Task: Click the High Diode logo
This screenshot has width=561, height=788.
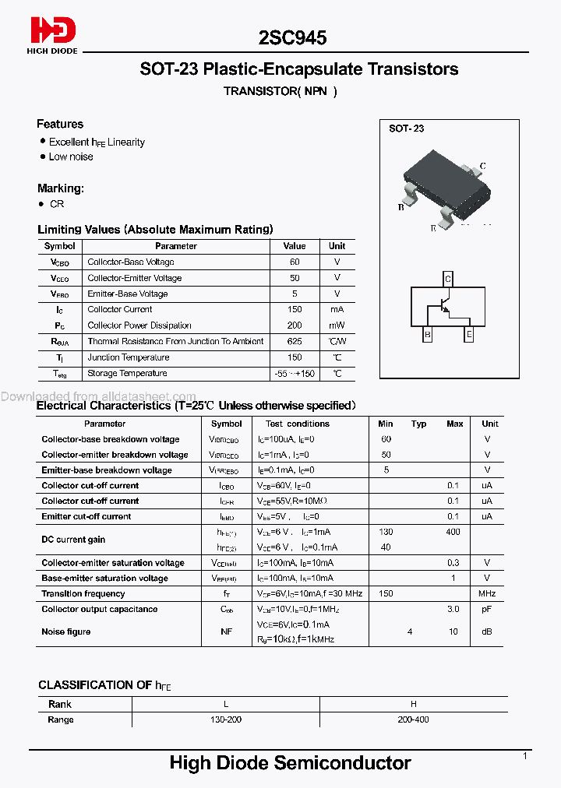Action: tap(54, 34)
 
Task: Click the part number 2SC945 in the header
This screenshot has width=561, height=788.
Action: tap(292, 37)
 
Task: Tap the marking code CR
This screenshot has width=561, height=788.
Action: tap(57, 204)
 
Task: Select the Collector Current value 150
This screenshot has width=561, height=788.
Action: tap(295, 310)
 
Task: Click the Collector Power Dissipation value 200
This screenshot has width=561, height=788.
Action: tap(295, 325)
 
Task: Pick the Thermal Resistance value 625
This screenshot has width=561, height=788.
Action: tap(295, 341)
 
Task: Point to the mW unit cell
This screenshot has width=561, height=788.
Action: tap(337, 325)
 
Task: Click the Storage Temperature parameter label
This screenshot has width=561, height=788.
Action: tap(128, 373)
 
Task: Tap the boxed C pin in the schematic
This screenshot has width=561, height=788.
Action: tap(447, 279)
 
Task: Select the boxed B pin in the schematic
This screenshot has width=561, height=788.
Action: tap(427, 336)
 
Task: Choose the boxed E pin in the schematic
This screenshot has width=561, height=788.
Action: tap(468, 336)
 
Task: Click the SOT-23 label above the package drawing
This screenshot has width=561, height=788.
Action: tap(406, 128)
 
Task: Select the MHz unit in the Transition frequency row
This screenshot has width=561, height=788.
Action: tap(487, 594)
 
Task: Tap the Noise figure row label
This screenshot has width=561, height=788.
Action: tap(66, 631)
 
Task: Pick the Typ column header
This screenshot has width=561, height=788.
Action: tap(419, 424)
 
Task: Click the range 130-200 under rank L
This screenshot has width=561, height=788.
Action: tap(226, 719)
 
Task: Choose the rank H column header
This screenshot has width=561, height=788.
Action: tap(413, 704)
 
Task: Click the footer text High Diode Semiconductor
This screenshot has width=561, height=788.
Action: tap(290, 763)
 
